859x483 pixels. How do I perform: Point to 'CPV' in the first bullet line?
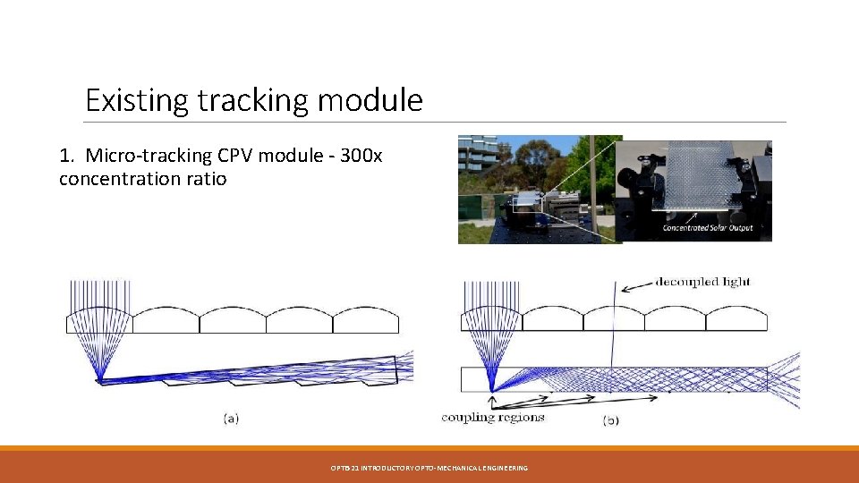[x=236, y=156]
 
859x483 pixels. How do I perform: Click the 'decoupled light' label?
[x=702, y=283]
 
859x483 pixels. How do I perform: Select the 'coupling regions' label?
[x=493, y=417]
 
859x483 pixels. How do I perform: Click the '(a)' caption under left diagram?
[x=231, y=417]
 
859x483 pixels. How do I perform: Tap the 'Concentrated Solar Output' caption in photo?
[x=707, y=227]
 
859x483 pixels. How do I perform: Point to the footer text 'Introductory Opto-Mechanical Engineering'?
[x=429, y=468]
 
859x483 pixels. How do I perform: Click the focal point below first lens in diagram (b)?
[x=492, y=390]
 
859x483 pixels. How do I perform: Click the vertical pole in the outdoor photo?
[x=591, y=179]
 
